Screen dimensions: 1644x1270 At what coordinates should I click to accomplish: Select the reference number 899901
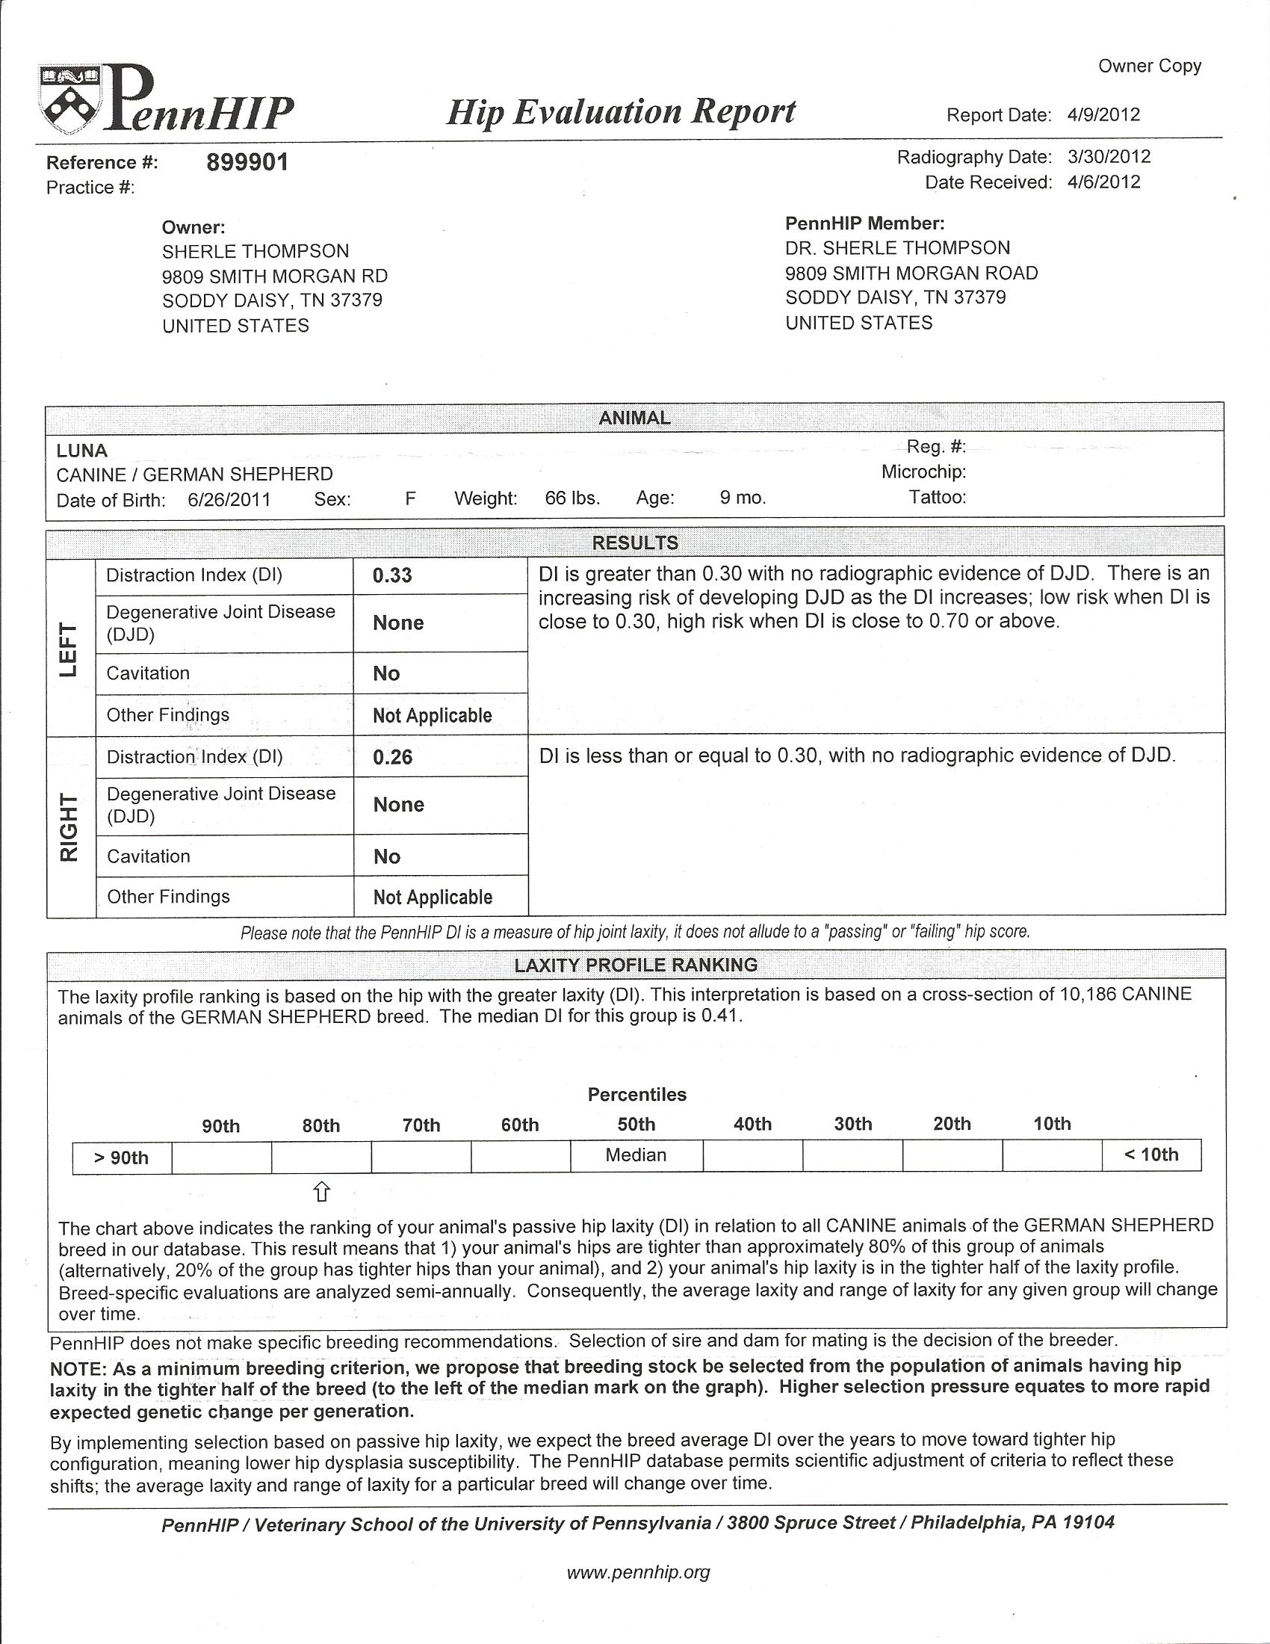click(x=247, y=162)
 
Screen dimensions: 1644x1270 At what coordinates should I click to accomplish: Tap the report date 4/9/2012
click(x=1103, y=115)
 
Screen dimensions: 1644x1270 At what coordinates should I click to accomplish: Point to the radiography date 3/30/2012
click(x=1108, y=157)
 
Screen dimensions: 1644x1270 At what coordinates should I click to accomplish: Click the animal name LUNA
click(x=82, y=451)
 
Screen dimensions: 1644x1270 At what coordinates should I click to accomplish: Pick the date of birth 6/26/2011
click(x=229, y=500)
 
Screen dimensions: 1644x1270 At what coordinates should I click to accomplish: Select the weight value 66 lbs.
click(x=572, y=498)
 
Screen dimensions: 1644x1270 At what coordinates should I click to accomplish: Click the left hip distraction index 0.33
click(x=392, y=576)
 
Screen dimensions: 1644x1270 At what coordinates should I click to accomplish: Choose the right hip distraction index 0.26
click(x=392, y=757)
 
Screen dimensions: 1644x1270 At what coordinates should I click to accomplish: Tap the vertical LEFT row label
click(x=69, y=649)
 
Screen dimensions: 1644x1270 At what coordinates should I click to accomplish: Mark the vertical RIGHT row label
click(x=69, y=827)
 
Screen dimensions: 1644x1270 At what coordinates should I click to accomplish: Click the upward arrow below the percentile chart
click(x=321, y=1191)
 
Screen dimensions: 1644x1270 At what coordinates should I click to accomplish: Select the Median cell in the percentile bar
click(x=636, y=1155)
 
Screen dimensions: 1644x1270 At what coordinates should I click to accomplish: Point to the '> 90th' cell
click(x=121, y=1158)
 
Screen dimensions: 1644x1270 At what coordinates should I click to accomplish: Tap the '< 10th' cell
click(x=1150, y=1155)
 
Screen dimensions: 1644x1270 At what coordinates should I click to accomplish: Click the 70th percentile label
click(x=421, y=1125)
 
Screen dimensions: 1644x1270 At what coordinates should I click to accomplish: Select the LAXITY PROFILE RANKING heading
click(x=635, y=965)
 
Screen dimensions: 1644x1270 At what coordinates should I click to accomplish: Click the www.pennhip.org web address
click(x=637, y=1572)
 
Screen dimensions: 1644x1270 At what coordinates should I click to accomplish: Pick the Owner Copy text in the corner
click(x=1149, y=67)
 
